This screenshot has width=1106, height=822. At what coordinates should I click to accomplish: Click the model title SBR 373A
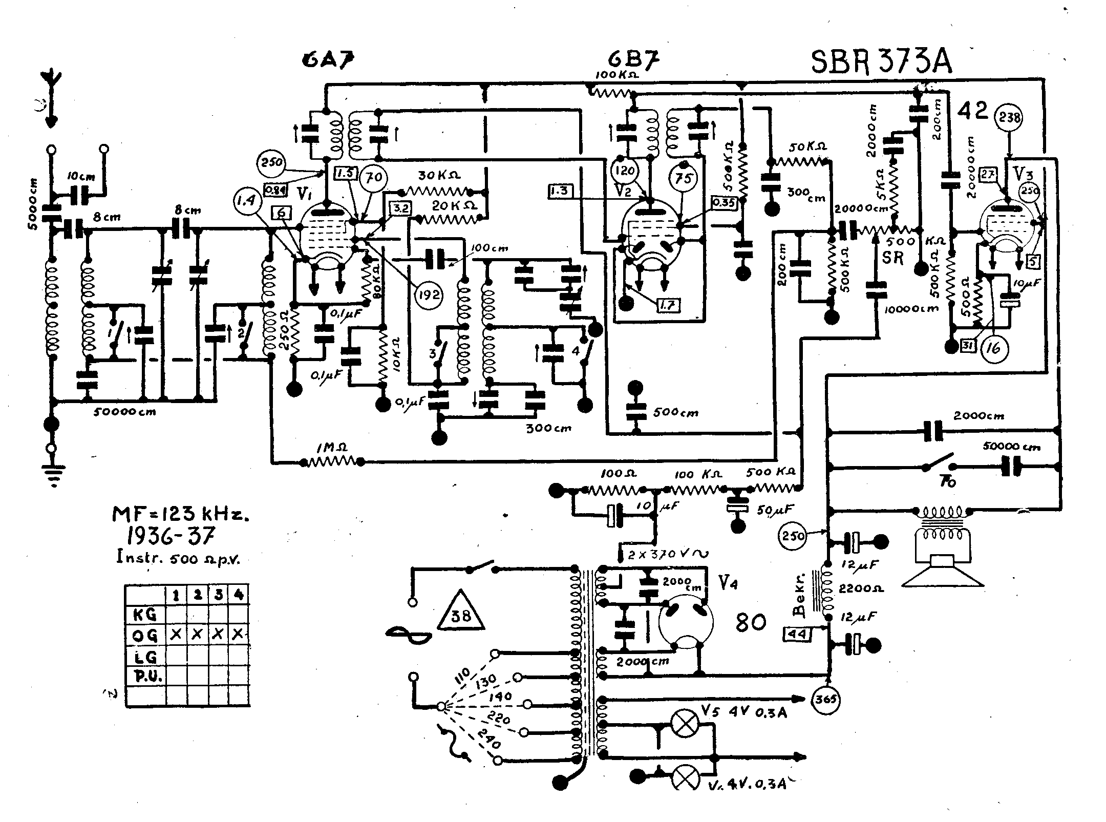[881, 62]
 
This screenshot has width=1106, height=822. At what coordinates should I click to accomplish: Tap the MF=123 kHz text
[180, 515]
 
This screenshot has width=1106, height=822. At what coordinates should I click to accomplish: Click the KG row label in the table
[145, 614]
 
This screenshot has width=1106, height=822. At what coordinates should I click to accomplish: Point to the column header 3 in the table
[218, 595]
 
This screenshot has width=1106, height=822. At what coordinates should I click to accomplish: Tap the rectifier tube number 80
[750, 622]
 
